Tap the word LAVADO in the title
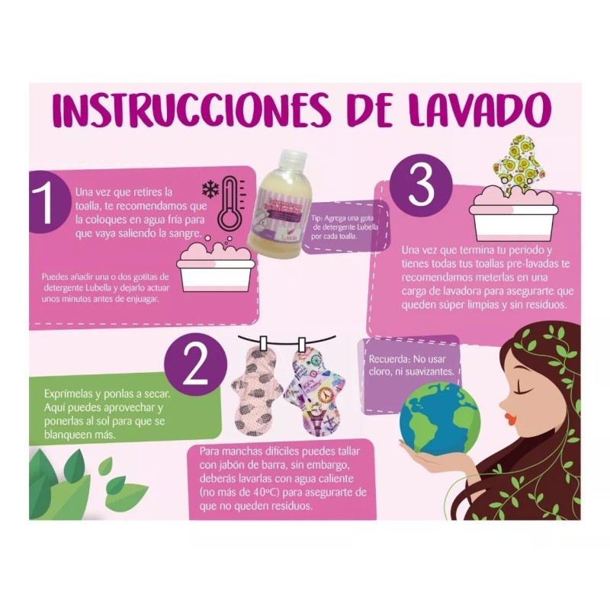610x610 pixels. tap(477, 111)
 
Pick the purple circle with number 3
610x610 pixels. tap(420, 186)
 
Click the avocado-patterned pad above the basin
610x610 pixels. tap(514, 164)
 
